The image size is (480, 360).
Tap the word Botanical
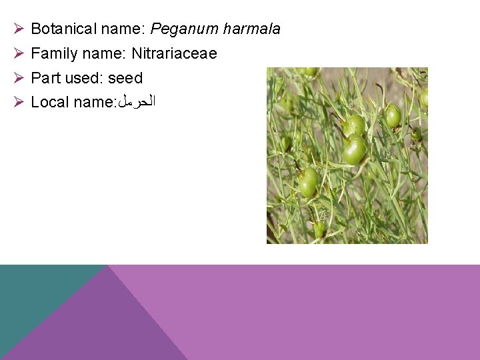click(63, 29)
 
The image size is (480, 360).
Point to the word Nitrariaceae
click(174, 53)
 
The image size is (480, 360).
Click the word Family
click(53, 53)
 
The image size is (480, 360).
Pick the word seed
click(125, 78)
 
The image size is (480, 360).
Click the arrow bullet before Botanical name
click(19, 29)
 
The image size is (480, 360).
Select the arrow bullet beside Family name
click(19, 53)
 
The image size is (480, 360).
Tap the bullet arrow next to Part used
click(19, 78)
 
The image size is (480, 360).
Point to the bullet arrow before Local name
click(19, 102)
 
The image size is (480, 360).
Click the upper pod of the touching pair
click(355, 125)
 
